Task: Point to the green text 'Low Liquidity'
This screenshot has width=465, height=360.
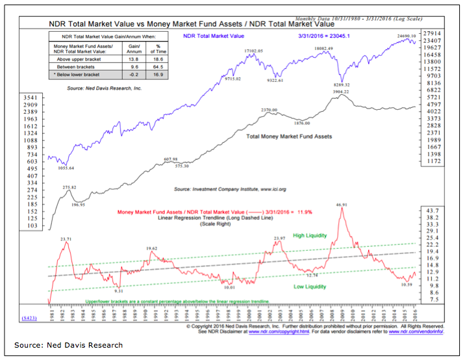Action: click(x=310, y=287)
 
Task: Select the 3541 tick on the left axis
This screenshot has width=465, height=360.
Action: click(x=32, y=97)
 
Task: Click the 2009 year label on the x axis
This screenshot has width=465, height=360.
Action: click(x=344, y=311)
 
